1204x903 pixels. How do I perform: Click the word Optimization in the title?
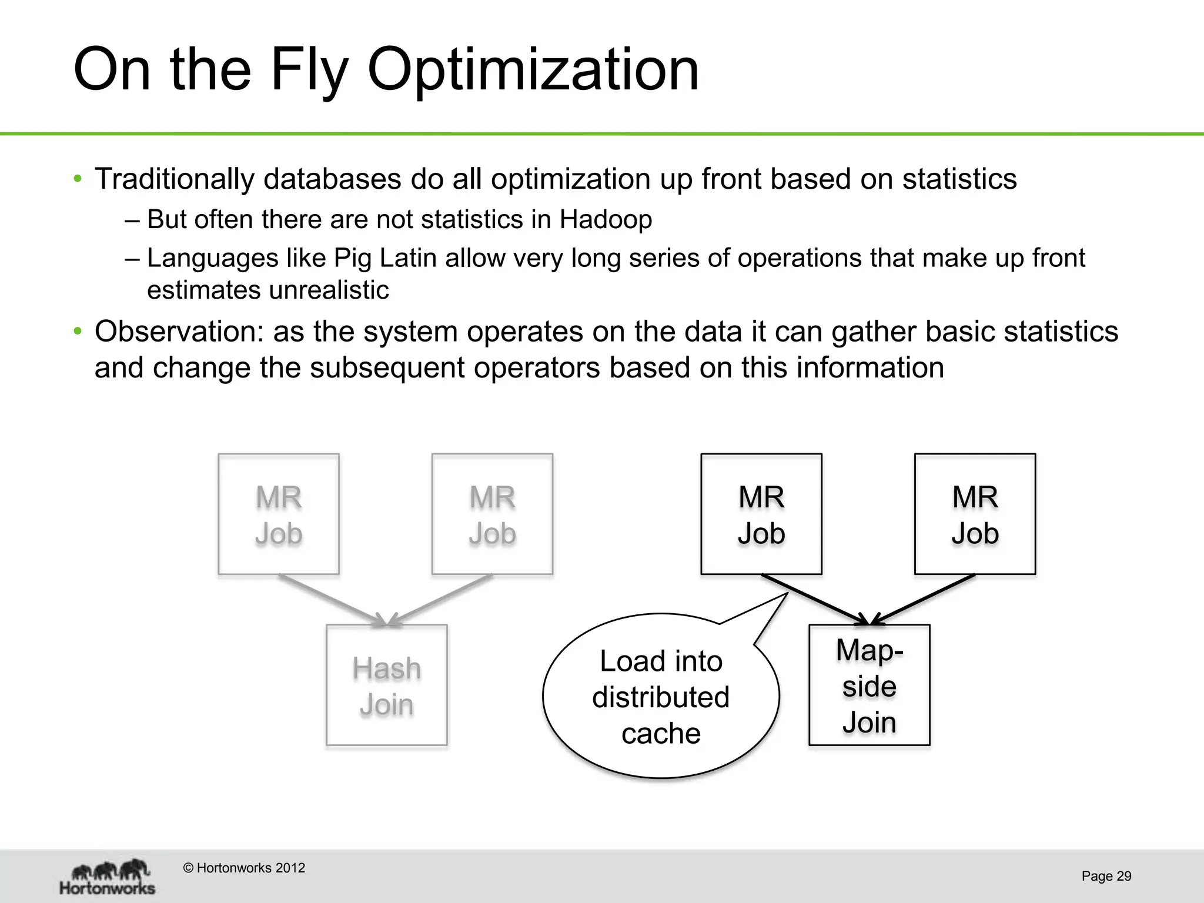(x=533, y=71)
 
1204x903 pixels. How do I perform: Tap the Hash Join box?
(x=387, y=685)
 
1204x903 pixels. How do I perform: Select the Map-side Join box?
(x=869, y=685)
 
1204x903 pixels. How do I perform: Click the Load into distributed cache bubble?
(x=661, y=697)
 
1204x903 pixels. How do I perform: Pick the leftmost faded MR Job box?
(x=279, y=514)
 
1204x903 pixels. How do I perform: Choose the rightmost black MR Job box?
(x=975, y=514)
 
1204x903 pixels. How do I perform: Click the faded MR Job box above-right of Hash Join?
(x=492, y=514)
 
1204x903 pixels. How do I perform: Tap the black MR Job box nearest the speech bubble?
(x=761, y=514)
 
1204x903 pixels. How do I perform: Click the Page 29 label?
(x=1106, y=877)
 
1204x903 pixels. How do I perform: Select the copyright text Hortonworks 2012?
(x=244, y=868)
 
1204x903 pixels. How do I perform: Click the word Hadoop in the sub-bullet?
(x=606, y=220)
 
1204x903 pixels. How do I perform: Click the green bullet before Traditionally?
(x=78, y=179)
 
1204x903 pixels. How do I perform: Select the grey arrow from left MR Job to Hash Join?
(x=332, y=600)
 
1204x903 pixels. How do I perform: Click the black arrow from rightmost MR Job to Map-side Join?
(x=923, y=600)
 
